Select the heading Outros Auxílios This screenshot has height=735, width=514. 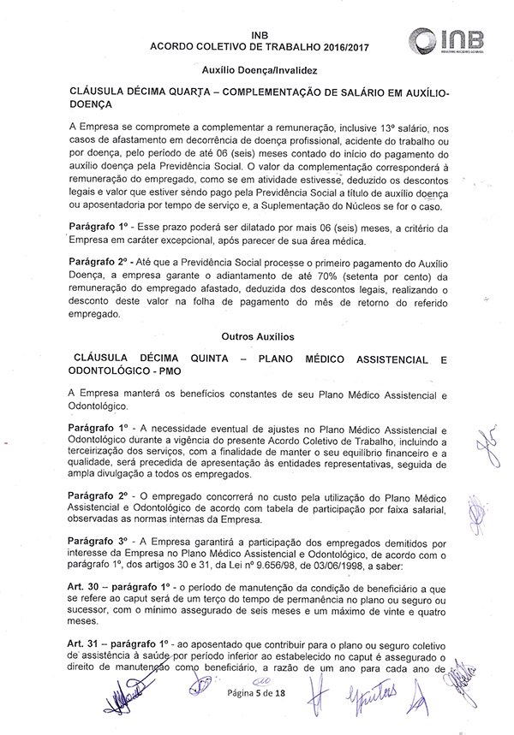pos(257,339)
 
